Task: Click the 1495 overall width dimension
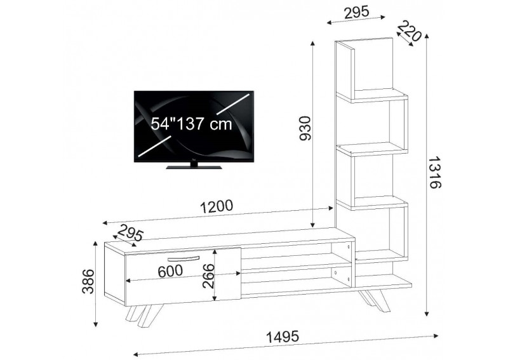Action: (282, 337)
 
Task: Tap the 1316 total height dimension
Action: (434, 173)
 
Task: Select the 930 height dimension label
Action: (305, 129)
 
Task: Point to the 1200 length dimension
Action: (217, 207)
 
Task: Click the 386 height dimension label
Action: (88, 281)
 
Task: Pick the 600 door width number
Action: (170, 271)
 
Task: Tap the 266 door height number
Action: (209, 276)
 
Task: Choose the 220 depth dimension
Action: (409, 31)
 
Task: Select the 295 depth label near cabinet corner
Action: (130, 232)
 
